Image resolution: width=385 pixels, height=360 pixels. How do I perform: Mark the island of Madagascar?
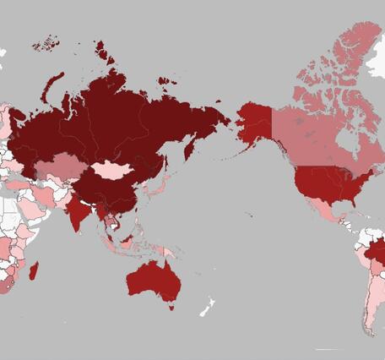[x=35, y=270]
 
